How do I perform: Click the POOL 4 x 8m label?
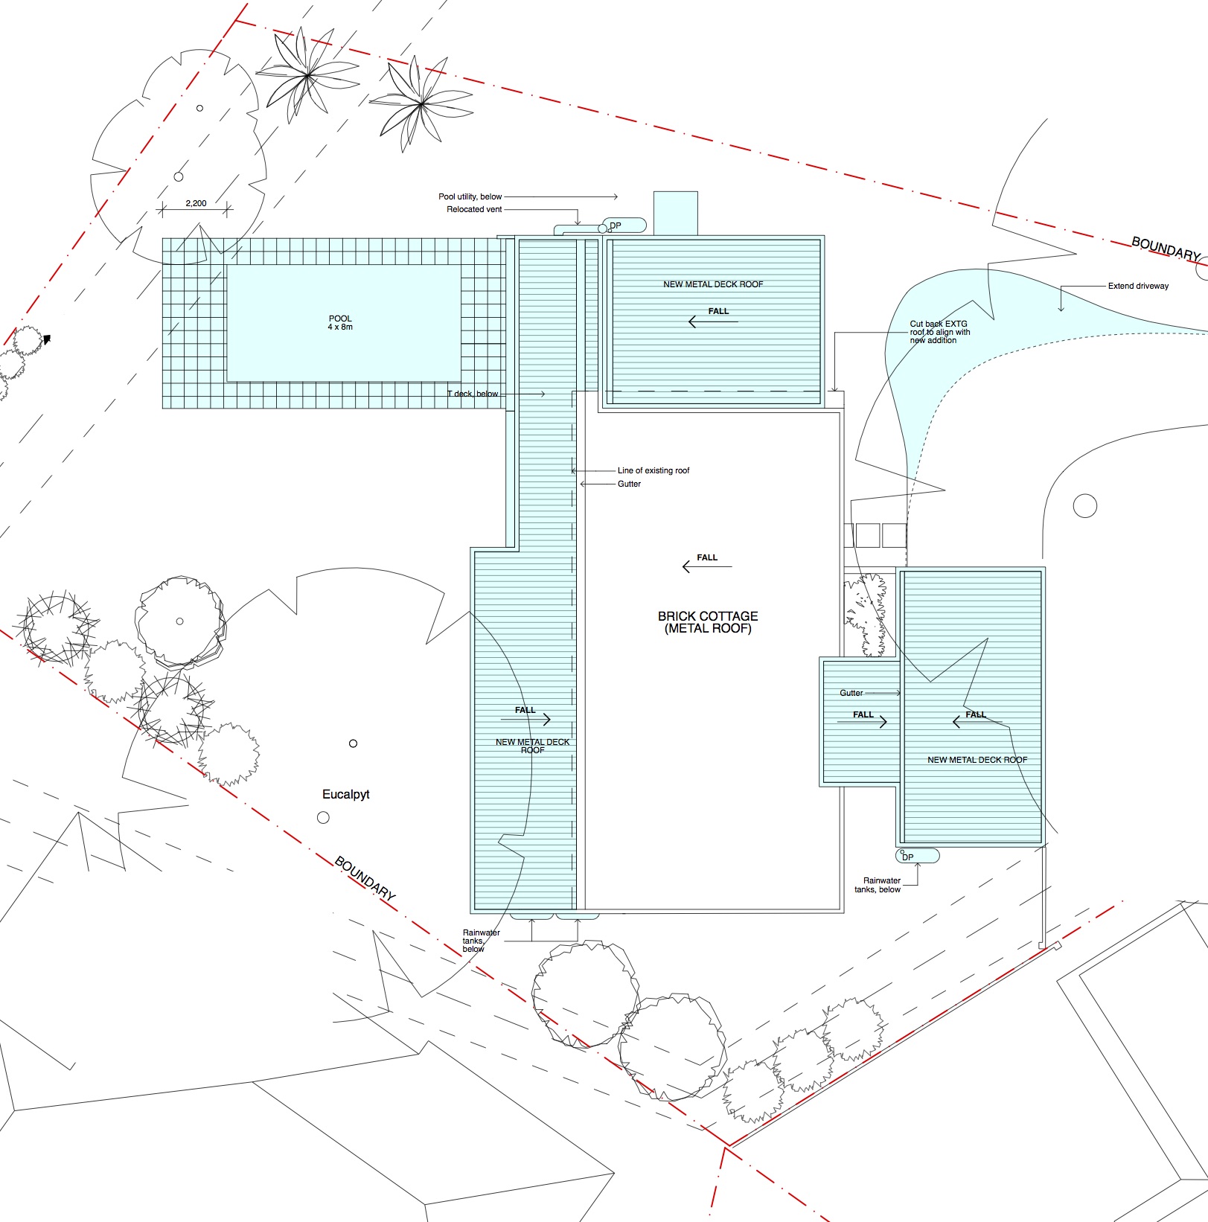340,323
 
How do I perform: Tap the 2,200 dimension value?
196,203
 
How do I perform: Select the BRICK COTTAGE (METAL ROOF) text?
708,622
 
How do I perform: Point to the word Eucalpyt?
345,795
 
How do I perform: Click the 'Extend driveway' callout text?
1138,286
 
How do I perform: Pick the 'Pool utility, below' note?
470,196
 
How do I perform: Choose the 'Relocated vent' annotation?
474,209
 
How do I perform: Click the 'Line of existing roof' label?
653,470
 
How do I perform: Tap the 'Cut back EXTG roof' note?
940,332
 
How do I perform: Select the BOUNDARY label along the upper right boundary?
1166,249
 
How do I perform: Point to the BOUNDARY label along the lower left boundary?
365,879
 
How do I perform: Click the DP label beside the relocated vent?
615,225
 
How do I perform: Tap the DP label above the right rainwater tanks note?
907,857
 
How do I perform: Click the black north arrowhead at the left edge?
47,339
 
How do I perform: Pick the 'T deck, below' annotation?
473,394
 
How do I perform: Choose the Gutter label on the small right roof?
851,693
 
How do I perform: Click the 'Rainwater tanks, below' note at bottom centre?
481,941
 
